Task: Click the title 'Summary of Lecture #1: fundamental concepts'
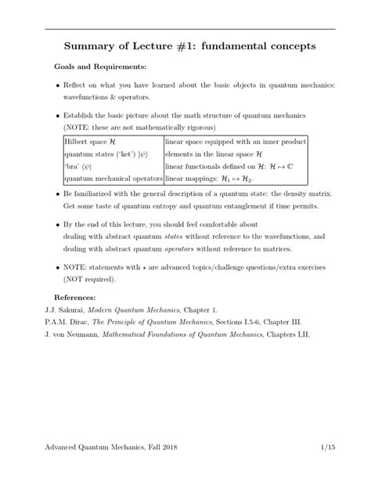(185, 46)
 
